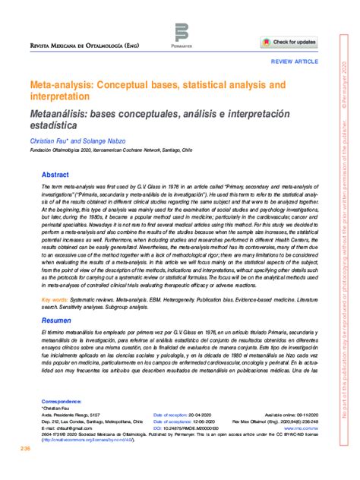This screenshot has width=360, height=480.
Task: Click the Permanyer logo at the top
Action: pos(181,34)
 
